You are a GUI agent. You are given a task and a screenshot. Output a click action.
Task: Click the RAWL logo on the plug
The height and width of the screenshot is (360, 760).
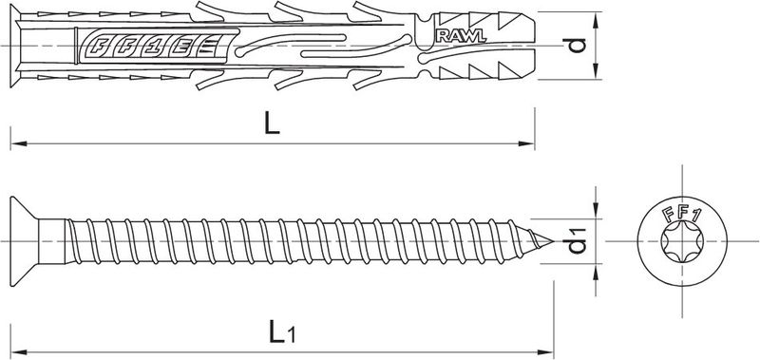[x=461, y=36]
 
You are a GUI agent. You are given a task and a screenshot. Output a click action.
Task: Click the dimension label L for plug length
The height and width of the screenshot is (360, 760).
[x=272, y=124]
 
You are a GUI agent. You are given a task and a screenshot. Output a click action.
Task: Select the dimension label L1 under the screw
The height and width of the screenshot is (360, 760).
[x=282, y=332]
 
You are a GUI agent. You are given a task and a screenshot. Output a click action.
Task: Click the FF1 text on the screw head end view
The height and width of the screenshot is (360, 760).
[x=682, y=212]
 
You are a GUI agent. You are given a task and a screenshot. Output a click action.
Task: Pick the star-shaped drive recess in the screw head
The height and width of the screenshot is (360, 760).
[x=681, y=242]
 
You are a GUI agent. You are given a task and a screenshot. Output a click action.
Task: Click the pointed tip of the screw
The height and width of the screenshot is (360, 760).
[x=553, y=241]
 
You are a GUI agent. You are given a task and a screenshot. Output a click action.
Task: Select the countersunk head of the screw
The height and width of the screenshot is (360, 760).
[x=24, y=241]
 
